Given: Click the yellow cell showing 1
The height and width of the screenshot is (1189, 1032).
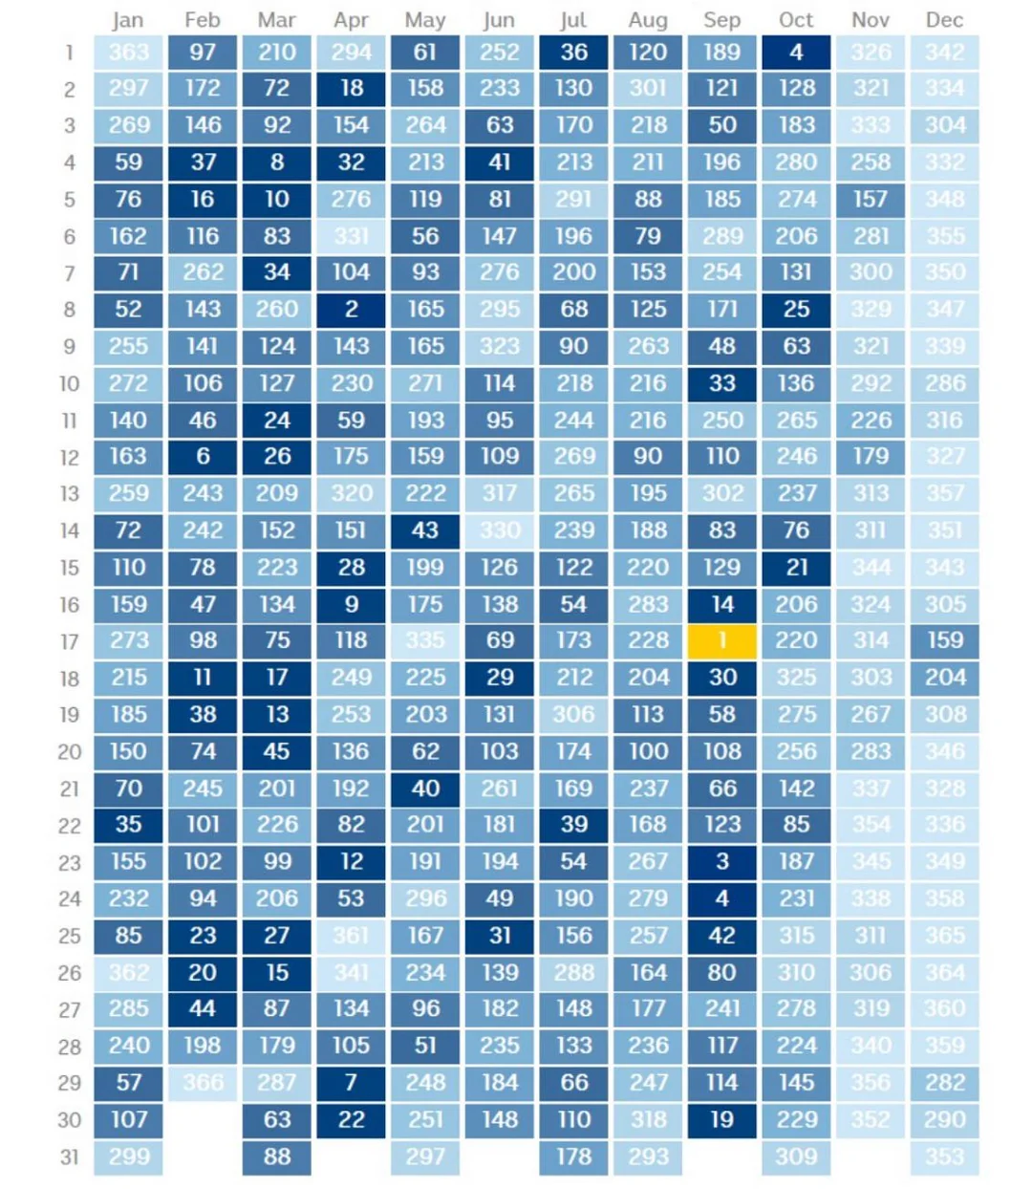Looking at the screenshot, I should point(722,641).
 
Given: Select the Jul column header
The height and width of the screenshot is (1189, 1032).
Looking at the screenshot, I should point(573,20).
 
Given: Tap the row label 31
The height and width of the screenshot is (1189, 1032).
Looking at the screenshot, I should point(69,1157).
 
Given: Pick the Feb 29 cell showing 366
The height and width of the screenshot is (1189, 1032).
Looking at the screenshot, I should point(203,1083).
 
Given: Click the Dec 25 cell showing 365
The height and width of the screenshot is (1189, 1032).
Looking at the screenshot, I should point(944,936).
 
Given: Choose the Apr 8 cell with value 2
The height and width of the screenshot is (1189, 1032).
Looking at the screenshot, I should point(351,310).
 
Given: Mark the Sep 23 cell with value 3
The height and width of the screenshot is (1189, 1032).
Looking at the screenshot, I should point(722,862).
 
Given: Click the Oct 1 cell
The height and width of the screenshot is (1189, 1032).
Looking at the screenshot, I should point(796,53).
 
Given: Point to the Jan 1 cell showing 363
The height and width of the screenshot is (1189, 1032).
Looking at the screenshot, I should point(128,53).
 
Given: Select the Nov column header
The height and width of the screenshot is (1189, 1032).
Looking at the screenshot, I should point(870,20).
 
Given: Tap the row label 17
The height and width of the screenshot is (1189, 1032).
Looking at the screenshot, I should point(69,641).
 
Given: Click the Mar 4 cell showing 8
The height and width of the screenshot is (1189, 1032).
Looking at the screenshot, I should point(276,162).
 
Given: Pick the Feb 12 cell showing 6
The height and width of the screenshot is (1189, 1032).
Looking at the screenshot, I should point(203,457).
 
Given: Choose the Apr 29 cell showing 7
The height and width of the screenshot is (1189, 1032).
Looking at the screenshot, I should point(351,1083).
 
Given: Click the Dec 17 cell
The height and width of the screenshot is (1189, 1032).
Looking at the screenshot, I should point(944,641).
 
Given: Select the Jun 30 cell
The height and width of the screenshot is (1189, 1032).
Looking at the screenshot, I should point(499,1119).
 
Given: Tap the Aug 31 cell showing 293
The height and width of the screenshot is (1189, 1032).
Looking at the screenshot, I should point(648,1157).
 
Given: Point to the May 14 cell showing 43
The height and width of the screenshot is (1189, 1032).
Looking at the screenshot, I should point(425,530).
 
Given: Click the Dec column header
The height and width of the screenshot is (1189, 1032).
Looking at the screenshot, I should point(944,20).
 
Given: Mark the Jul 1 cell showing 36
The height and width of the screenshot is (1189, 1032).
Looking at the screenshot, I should point(573,53).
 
